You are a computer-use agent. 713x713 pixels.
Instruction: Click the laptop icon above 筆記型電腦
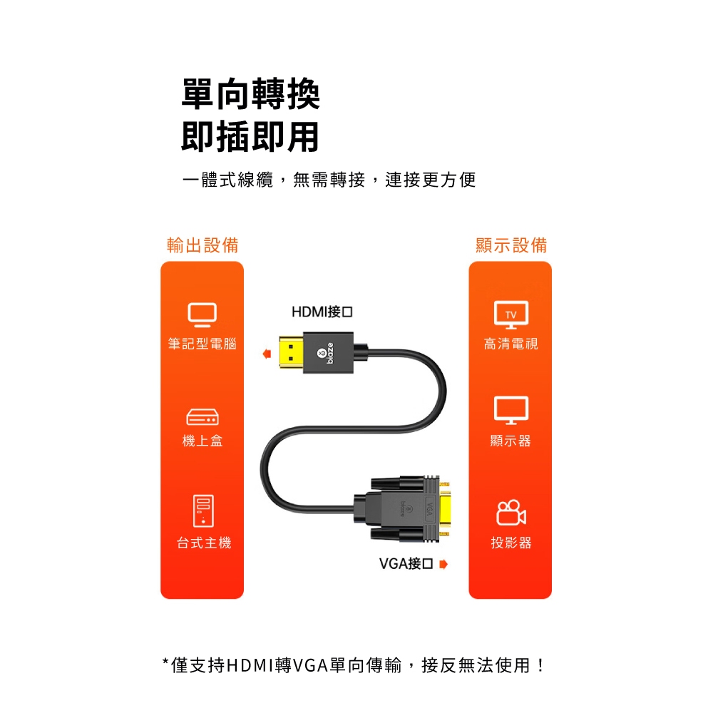coord(202,314)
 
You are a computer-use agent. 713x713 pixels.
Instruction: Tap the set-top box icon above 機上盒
coord(202,417)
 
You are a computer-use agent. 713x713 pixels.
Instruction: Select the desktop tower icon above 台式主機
coord(203,511)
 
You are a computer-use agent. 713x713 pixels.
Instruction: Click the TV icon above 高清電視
coord(511,314)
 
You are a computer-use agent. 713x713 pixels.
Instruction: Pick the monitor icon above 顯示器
coord(511,410)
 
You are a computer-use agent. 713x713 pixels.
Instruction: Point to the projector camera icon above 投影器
coord(511,513)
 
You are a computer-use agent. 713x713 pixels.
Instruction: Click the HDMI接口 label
coord(322,312)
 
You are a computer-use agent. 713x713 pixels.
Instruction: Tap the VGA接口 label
coord(406,564)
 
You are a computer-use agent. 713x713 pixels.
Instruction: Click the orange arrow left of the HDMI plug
coord(267,354)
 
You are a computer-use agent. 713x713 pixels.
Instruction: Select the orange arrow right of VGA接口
coord(443,564)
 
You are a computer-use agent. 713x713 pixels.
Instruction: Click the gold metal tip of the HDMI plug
coord(291,353)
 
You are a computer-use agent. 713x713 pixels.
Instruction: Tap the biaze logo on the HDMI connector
coord(327,353)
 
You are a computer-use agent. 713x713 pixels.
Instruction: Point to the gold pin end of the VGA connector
coord(445,509)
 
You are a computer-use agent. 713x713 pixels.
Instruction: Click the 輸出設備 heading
coord(202,245)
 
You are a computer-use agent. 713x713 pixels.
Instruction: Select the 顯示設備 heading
coord(511,245)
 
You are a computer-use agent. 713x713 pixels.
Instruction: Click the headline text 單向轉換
coord(250,94)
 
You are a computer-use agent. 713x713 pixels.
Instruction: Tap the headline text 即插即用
coord(250,136)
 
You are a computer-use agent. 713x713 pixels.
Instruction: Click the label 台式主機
coord(204,543)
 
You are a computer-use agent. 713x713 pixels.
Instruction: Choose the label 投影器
coord(511,543)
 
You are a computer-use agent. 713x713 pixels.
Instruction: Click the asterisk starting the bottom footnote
coord(165,662)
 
